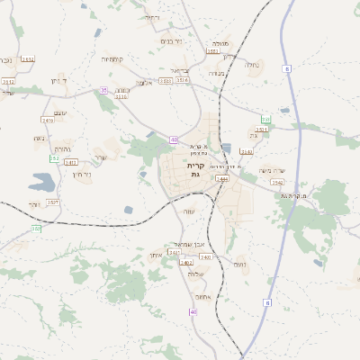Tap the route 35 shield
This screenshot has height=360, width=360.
point(103,90)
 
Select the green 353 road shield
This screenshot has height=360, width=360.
point(265,119)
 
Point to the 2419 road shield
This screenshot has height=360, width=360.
point(48,119)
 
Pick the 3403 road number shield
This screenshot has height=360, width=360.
point(71,162)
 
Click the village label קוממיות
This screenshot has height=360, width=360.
point(112,59)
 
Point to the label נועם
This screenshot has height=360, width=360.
point(239,265)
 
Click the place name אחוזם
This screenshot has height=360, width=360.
point(202,298)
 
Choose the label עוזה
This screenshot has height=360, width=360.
point(189,211)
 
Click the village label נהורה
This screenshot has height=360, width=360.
point(63,148)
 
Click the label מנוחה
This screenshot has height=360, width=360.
point(219,43)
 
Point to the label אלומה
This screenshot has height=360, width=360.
point(144,83)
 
